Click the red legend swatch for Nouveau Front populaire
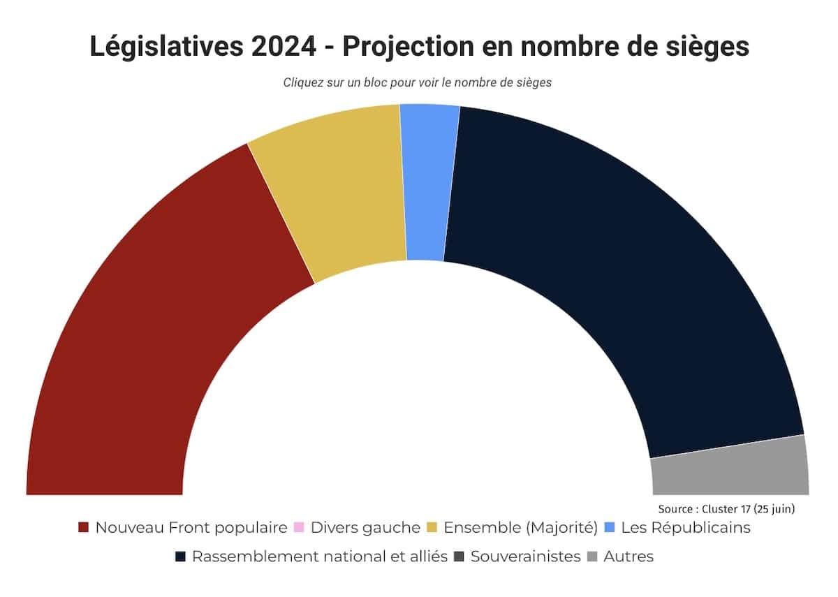(x=84, y=528)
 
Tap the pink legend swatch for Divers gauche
(x=299, y=528)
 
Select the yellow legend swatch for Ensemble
(x=432, y=528)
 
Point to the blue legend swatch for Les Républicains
(x=609, y=528)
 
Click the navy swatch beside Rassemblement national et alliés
(x=180, y=557)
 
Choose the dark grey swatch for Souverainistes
(x=459, y=557)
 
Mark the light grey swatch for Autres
(x=592, y=557)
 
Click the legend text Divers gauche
(x=365, y=528)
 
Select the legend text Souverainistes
(x=525, y=557)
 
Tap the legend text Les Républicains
(x=685, y=528)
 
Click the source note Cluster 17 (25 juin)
(x=726, y=509)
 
